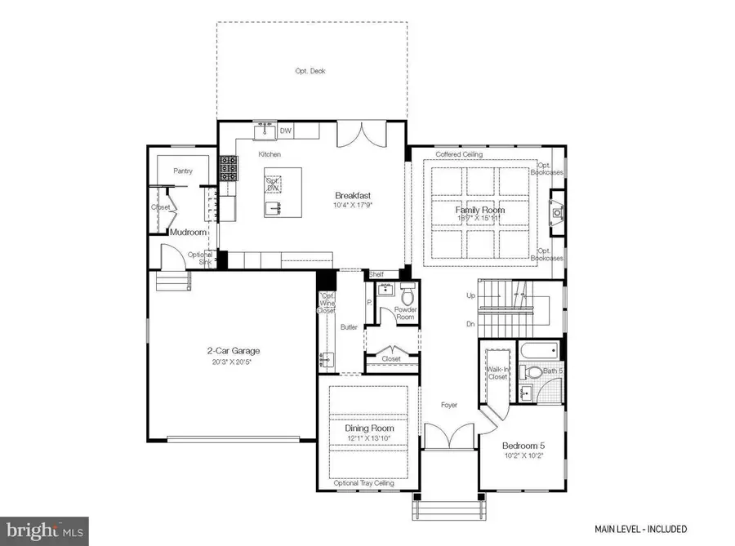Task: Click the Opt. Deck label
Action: (x=311, y=72)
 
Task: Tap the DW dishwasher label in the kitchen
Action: (x=286, y=130)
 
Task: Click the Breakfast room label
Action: (x=353, y=196)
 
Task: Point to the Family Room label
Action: (x=479, y=210)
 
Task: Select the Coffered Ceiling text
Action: (x=458, y=154)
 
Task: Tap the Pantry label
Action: (x=182, y=171)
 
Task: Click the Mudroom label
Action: (x=185, y=232)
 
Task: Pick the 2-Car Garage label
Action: (x=233, y=352)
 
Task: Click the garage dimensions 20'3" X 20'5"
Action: (x=233, y=362)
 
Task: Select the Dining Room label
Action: (x=370, y=428)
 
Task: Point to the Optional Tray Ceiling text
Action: (x=363, y=483)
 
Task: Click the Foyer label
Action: (x=448, y=405)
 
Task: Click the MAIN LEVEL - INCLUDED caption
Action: (x=640, y=529)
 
